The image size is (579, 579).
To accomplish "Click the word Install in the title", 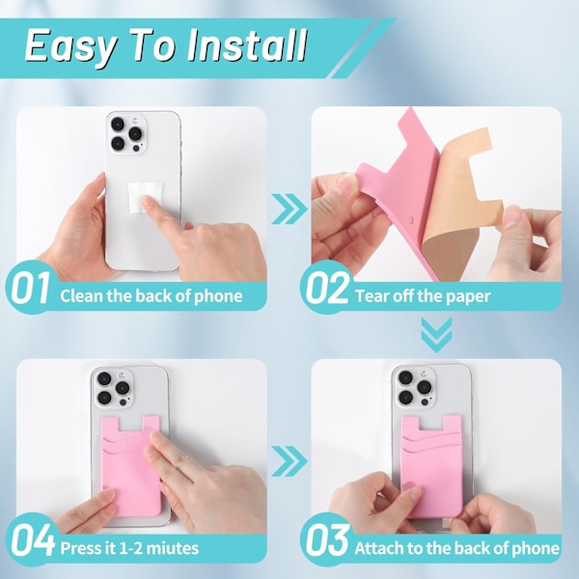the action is [247, 45].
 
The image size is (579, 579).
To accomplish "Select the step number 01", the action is [31, 288].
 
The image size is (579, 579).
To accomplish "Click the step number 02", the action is [327, 288].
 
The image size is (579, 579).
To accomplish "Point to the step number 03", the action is [327, 540].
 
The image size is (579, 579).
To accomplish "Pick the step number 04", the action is [32, 540].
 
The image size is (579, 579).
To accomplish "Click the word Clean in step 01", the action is [82, 296].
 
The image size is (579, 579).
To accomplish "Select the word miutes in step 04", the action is [173, 548].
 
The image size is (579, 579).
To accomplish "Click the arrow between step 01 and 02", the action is [289, 208].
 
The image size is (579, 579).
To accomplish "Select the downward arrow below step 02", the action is [436, 335].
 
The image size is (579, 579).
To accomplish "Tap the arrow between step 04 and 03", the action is [289, 461].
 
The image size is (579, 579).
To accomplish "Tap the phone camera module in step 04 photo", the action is [113, 388].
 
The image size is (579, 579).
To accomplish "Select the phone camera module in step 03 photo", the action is [415, 388].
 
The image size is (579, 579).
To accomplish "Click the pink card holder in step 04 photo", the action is [130, 466].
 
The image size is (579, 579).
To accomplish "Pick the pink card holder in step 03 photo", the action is [431, 466].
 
